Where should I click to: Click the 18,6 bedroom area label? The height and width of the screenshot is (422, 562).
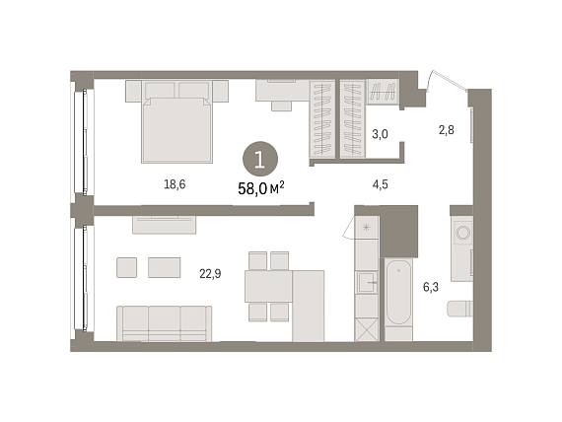click(175, 184)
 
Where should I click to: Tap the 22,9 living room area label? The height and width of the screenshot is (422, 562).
click(210, 274)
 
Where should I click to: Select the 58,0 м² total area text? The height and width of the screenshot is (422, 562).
click(261, 188)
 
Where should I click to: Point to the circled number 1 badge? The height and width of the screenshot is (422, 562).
click(260, 159)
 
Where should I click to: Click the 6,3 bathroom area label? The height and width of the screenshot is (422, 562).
click(431, 287)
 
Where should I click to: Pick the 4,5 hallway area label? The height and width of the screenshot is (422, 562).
click(380, 184)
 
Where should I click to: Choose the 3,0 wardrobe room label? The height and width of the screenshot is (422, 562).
click(380, 134)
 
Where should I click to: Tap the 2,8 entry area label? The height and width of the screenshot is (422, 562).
click(447, 130)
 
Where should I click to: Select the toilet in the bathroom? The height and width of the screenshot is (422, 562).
click(459, 309)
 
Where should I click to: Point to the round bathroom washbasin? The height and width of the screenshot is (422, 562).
click(462, 233)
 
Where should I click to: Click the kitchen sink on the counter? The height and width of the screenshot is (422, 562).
click(367, 282)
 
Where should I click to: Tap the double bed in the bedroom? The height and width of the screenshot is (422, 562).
click(177, 122)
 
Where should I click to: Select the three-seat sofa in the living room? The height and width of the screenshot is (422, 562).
click(164, 323)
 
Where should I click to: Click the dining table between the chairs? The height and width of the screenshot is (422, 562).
click(268, 286)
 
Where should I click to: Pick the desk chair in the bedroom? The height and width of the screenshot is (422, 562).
click(281, 106)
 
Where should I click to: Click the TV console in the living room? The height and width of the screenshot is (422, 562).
click(164, 225)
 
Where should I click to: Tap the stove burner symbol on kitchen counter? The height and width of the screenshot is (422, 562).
click(366, 228)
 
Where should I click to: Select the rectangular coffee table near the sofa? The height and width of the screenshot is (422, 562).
click(164, 267)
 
